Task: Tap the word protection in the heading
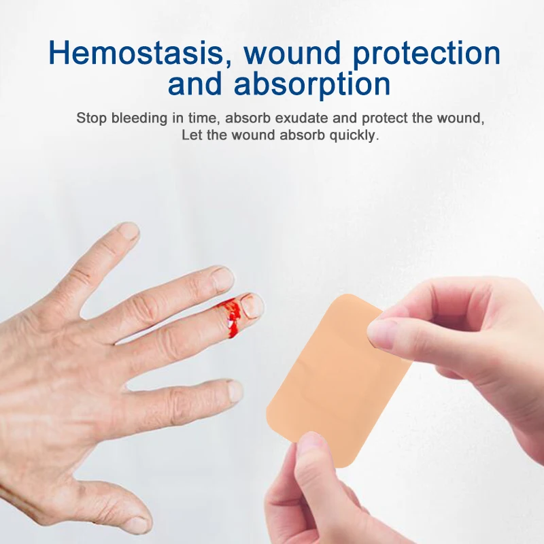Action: point(422,53)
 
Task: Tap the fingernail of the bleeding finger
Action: point(253,306)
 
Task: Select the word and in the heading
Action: point(198,85)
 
